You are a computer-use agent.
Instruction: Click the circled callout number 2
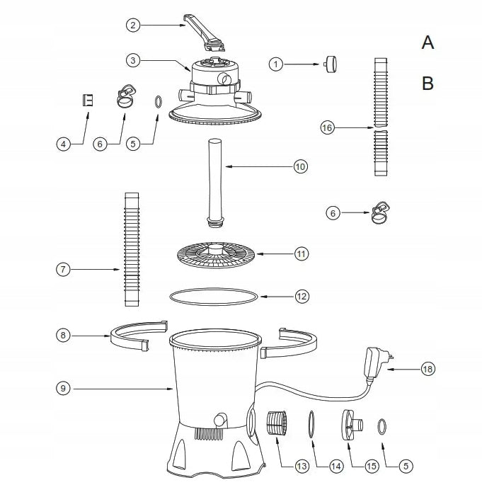[x=133, y=25]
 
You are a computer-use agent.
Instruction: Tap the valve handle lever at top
[x=204, y=33]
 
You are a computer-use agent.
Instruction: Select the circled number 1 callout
[x=276, y=64]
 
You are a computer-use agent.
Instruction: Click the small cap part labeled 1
[x=331, y=64]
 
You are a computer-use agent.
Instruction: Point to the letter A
[x=428, y=42]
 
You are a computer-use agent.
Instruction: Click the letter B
[x=428, y=84]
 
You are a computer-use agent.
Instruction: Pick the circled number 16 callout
[x=327, y=127]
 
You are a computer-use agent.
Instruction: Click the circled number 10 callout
[x=300, y=166]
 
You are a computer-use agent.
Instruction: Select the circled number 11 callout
[x=301, y=254]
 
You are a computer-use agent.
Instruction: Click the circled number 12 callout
[x=302, y=297]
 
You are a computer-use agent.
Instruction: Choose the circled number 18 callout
[x=428, y=369]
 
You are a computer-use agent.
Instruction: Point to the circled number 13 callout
[x=302, y=466]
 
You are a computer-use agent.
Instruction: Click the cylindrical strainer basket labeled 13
[x=277, y=423]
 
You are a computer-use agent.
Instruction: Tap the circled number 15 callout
[x=371, y=466]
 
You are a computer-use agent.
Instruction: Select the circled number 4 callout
[x=64, y=144]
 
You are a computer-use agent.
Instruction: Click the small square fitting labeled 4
[x=88, y=100]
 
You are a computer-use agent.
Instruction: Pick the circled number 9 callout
[x=63, y=388]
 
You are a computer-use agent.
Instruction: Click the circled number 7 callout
[x=63, y=270]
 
